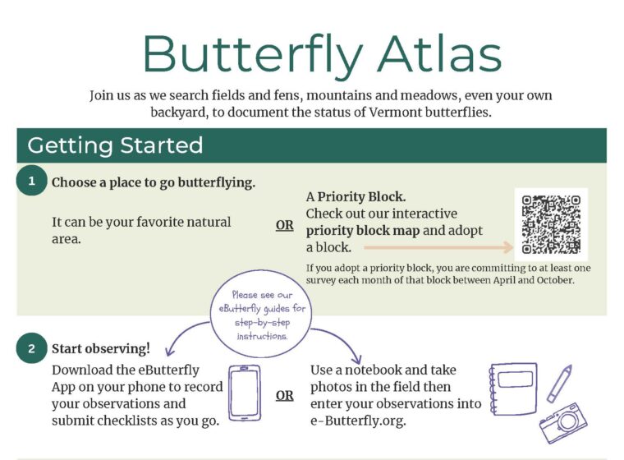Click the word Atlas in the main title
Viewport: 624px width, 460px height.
[433, 54]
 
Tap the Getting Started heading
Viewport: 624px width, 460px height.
[115, 145]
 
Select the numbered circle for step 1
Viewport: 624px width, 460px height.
[32, 182]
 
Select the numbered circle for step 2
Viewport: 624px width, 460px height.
[32, 348]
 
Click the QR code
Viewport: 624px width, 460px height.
[551, 224]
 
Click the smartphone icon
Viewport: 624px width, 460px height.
[245, 393]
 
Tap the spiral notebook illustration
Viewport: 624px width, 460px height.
[512, 389]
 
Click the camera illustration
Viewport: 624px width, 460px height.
[563, 421]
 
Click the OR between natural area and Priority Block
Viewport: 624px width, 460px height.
[284, 225]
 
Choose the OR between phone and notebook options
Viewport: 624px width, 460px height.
[284, 396]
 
